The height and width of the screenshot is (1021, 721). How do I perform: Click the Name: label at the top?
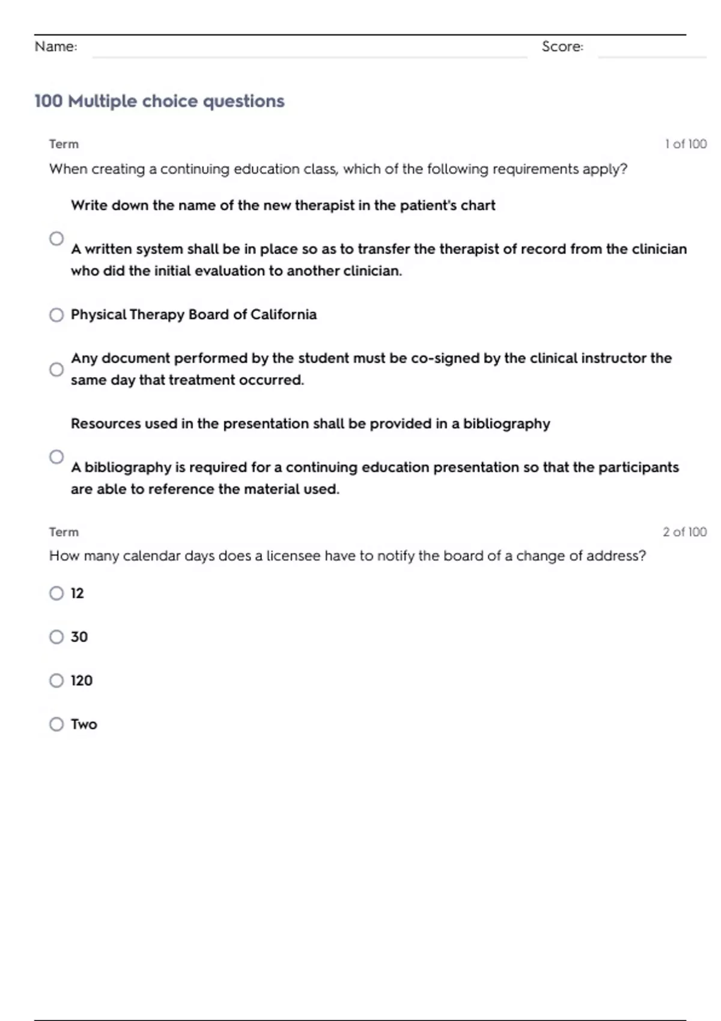[x=56, y=46]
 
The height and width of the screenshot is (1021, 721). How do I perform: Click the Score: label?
[x=562, y=46]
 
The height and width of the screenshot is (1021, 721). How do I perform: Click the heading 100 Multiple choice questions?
[x=159, y=101]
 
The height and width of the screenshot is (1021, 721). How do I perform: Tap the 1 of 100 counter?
[x=686, y=144]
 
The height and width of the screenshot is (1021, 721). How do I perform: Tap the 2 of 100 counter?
[x=684, y=532]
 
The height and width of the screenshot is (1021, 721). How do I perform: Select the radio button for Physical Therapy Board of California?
[x=56, y=315]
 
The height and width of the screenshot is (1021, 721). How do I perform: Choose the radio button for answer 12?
[x=56, y=593]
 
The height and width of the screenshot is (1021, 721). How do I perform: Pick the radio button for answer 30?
[x=56, y=637]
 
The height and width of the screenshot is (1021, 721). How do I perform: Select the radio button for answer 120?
[x=56, y=680]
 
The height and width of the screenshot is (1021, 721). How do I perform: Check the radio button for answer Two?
[x=56, y=724]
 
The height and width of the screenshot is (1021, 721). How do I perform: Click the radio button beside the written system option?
[x=56, y=238]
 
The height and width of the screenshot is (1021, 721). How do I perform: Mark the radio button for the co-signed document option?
[x=56, y=369]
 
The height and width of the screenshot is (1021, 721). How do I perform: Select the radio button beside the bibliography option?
[x=56, y=457]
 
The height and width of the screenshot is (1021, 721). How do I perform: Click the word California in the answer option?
[x=284, y=315]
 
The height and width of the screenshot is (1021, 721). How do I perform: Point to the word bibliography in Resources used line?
[x=507, y=424]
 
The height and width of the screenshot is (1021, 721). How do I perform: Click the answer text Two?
[x=84, y=724]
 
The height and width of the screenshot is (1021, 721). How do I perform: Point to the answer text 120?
[x=82, y=680]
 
